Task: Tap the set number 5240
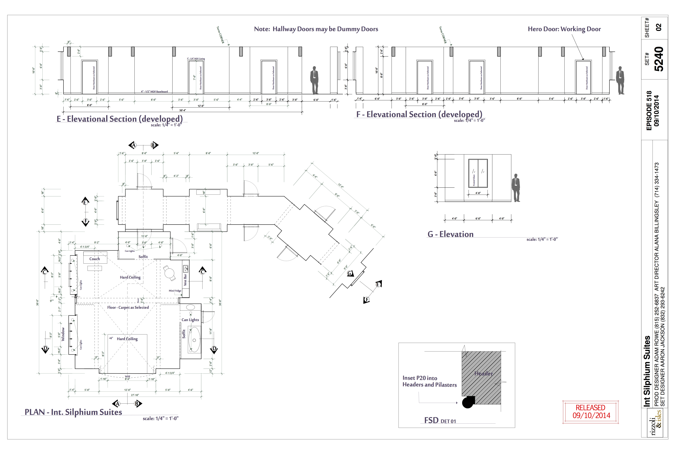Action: (659, 59)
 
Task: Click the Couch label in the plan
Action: (95, 259)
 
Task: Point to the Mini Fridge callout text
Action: (175, 291)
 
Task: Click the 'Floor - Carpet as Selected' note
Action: (128, 307)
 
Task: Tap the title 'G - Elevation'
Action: (450, 234)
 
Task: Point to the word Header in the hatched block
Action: (483, 373)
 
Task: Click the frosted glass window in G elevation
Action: (478, 173)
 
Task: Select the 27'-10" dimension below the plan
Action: (135, 395)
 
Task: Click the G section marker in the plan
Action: (350, 273)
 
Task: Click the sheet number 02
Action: (659, 27)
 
